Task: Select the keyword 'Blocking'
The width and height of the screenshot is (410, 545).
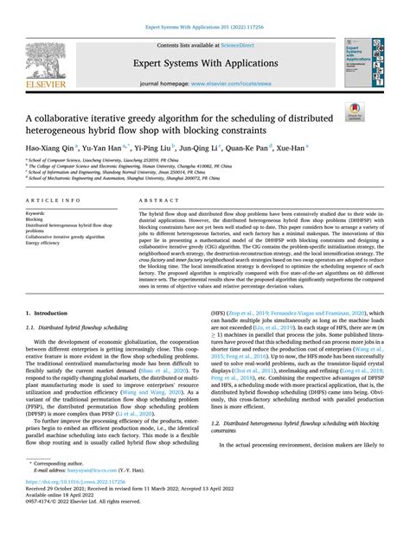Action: pyautogui.click(x=36, y=219)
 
